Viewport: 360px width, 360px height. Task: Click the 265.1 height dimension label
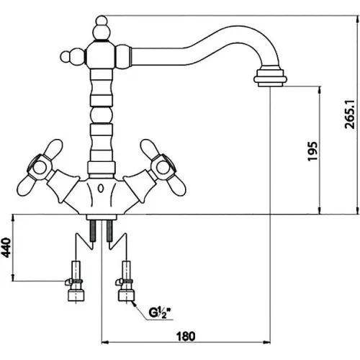point(349,114)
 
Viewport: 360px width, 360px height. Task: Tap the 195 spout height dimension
point(312,151)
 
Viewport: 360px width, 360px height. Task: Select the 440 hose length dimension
point(6,248)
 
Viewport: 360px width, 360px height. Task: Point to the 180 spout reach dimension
point(186,336)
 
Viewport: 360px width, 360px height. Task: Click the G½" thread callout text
point(161,312)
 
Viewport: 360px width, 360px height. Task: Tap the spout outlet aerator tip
point(270,78)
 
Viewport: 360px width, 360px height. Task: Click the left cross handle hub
point(40,167)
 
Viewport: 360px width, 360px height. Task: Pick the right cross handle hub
point(163,167)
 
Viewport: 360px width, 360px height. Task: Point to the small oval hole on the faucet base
point(102,189)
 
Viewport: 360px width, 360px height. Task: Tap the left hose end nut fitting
point(76,295)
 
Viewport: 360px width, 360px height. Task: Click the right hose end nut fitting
point(126,295)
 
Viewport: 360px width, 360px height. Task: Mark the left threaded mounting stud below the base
point(93,230)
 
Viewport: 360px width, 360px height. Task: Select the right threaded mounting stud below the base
point(109,230)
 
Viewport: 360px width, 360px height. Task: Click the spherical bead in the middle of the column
point(102,114)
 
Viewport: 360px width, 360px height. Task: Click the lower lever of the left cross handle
point(26,186)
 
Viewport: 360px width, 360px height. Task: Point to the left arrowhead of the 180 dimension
point(105,342)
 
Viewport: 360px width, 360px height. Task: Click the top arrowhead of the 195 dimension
point(320,91)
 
